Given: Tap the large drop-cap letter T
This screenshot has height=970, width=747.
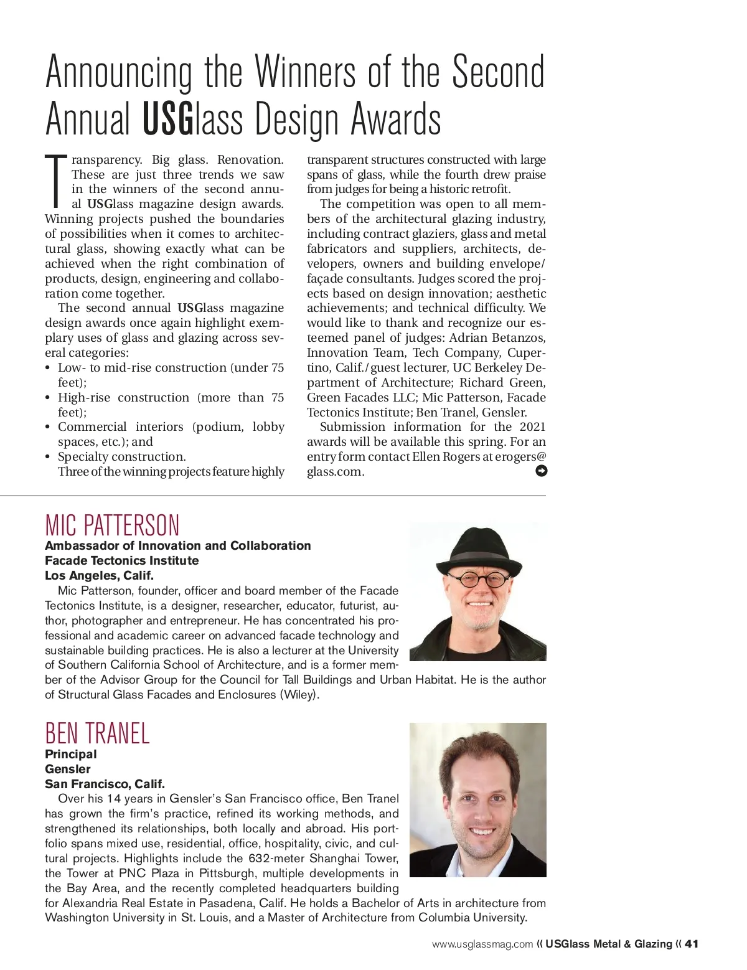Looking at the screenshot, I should pos(55,181).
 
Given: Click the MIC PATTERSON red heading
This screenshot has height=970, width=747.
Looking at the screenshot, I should pos(112,525).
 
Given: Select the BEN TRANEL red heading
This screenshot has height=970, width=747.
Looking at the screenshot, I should pos(97,733).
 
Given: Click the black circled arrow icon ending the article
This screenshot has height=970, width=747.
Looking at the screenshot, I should pos(541,471).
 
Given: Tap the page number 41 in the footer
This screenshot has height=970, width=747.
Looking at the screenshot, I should pos(691,944).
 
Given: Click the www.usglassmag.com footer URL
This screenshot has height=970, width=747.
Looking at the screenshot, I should pos(482,944).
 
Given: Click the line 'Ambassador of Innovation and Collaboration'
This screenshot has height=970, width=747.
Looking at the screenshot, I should pos(177,545).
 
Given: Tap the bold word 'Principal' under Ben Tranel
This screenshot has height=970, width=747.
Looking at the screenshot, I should pos(70,754).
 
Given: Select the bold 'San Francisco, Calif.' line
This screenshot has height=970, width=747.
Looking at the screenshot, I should pos(105,784).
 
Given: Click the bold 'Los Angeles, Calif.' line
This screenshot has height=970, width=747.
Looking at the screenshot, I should pos(99,575).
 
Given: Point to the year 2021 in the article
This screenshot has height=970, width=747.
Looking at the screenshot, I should pos(532,426).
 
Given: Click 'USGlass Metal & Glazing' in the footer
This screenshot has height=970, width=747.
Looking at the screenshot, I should pos(609,944).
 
